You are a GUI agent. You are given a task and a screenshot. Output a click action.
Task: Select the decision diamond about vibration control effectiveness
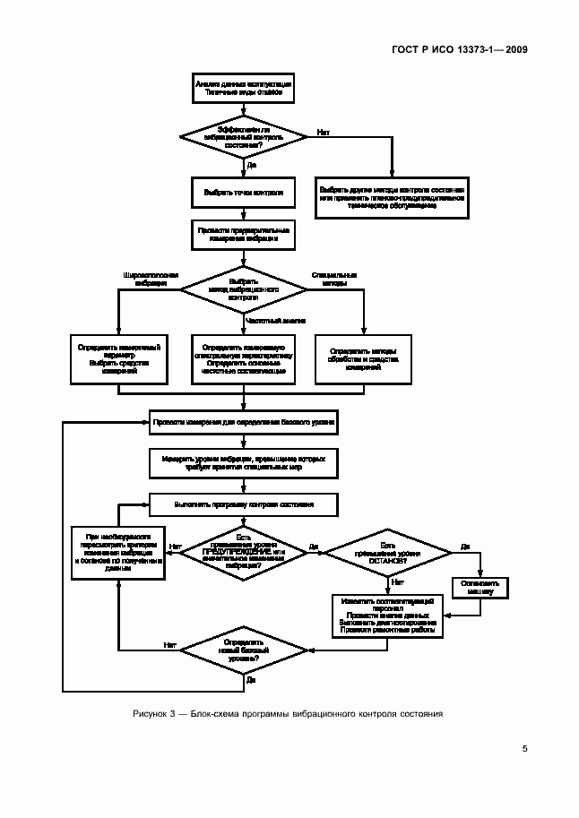tap(244, 137)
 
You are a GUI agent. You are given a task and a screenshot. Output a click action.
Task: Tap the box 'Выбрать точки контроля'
tap(244, 192)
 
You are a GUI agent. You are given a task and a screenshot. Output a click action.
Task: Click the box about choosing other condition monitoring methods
tap(392, 197)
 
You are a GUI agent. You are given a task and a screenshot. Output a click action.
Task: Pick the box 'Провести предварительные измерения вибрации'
tap(244, 235)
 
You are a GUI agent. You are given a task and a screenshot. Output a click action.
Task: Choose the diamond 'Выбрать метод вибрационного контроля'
tap(244, 291)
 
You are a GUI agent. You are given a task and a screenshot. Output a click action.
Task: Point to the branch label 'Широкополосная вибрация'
tap(151, 278)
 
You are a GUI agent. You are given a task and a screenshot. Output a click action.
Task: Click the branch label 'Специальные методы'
tap(334, 278)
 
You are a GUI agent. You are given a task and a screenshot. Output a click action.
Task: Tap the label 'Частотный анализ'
tap(276, 320)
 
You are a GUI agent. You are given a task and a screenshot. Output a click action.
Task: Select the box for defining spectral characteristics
tap(244, 358)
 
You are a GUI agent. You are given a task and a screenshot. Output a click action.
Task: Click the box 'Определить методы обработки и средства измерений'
tap(364, 358)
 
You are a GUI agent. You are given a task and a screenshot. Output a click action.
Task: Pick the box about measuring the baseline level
tap(244, 419)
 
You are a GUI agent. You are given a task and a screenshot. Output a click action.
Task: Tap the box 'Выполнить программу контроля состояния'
tap(244, 504)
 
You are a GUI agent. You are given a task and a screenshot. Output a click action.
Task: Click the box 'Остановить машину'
tap(481, 586)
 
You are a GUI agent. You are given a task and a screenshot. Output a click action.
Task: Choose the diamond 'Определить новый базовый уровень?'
tap(244, 650)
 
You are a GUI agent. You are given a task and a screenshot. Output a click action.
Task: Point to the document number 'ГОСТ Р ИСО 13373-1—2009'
tap(457, 49)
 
